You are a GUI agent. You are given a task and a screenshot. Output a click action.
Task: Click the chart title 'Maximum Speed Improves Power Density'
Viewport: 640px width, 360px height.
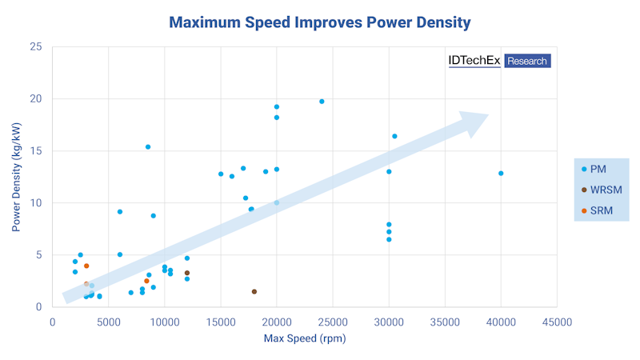point(320,22)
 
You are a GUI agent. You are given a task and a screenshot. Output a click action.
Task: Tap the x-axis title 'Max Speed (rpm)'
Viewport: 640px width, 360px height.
point(304,338)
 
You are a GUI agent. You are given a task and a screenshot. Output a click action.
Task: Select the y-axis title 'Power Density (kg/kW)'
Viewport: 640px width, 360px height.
point(16,176)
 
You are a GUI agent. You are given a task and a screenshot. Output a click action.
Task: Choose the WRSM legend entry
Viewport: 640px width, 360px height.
point(605,190)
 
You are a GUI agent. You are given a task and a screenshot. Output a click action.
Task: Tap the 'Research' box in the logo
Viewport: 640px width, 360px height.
point(527,60)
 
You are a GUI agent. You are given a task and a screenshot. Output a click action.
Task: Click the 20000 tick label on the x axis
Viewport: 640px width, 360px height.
point(277,322)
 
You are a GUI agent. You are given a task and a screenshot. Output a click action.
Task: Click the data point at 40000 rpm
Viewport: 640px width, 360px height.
point(501,173)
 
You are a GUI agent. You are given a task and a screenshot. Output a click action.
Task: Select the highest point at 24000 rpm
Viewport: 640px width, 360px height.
point(322,102)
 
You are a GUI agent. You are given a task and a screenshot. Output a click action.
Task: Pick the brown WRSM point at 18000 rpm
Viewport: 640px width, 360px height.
point(254,291)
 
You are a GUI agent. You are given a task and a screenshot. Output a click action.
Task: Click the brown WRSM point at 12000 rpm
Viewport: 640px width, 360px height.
point(187,273)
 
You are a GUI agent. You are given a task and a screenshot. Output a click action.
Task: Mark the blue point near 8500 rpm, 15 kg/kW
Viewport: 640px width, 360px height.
point(148,147)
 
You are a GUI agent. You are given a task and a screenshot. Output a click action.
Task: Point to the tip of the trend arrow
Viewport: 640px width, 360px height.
point(488,114)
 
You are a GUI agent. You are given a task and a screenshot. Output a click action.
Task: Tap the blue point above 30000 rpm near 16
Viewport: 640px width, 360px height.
point(394,136)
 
